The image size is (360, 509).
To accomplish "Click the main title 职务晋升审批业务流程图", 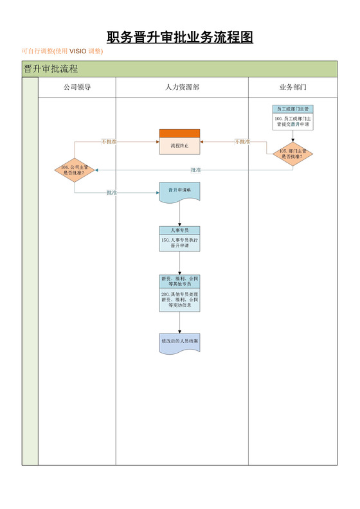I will pyautogui.click(x=179, y=37).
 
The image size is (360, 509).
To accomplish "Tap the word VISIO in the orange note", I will pyautogui.click(x=78, y=51).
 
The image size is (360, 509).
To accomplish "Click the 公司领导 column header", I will pyautogui.click(x=76, y=87).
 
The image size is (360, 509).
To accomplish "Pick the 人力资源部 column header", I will pyautogui.click(x=182, y=87).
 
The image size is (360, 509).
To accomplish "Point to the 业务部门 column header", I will pyautogui.click(x=292, y=87).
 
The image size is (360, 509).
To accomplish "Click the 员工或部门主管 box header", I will pyautogui.click(x=292, y=109).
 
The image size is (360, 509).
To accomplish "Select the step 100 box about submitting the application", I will pyautogui.click(x=292, y=121).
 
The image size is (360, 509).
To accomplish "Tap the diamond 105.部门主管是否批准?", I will pyautogui.click(x=292, y=153).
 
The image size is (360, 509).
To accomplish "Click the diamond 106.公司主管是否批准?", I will pyautogui.click(x=75, y=170).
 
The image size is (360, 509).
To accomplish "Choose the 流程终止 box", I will pyautogui.click(x=179, y=146).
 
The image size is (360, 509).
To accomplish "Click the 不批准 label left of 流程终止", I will pyautogui.click(x=109, y=141).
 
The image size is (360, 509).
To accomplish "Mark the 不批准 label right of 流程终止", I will pyautogui.click(x=242, y=141).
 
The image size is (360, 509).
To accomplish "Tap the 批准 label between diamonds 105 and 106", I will pyautogui.click(x=195, y=170).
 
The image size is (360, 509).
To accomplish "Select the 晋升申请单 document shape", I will pyautogui.click(x=179, y=191).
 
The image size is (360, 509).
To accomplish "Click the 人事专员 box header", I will pyautogui.click(x=179, y=229).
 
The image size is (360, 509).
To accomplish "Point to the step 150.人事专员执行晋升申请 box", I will pyautogui.click(x=179, y=243).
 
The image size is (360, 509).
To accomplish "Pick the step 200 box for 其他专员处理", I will pyautogui.click(x=179, y=299).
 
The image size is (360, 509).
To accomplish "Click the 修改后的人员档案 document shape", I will pyautogui.click(x=179, y=341).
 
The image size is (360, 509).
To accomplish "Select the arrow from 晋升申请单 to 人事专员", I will pyautogui.click(x=179, y=214).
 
